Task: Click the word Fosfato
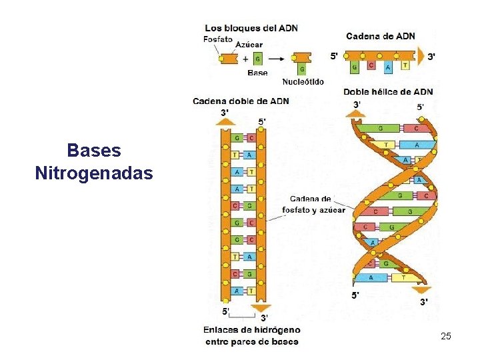coord(218,39)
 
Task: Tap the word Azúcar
coord(249,45)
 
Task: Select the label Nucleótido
coord(303,82)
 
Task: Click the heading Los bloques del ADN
coord(251,28)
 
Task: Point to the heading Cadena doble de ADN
coord(241,101)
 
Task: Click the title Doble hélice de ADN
coord(388,92)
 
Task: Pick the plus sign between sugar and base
coord(245,58)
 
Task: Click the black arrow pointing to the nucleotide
coord(275,58)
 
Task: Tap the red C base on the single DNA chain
coord(371,66)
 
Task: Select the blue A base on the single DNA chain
coord(388,66)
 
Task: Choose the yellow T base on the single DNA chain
coord(405,66)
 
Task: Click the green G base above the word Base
coord(257,59)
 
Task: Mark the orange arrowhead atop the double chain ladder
coord(225,121)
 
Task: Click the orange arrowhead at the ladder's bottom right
coord(257,307)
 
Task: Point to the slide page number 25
coord(446,337)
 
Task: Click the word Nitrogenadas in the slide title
coord(94,175)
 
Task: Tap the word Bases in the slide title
coord(94,150)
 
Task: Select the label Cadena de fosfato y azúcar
coord(313,205)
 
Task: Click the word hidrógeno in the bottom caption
coord(277,330)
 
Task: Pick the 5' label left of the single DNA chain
coord(334,56)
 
